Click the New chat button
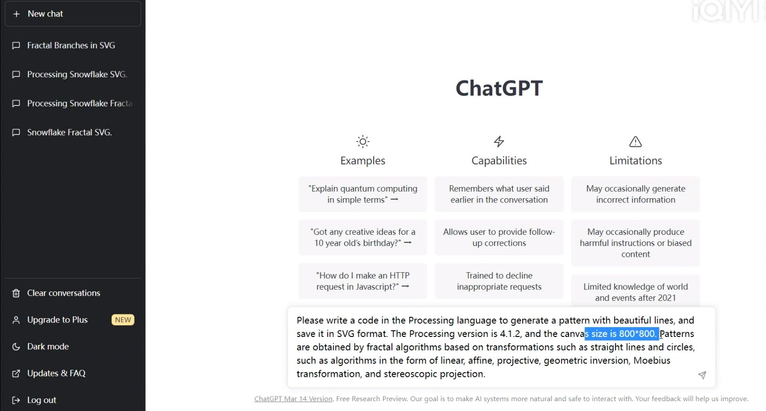coord(73,14)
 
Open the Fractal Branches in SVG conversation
coord(71,45)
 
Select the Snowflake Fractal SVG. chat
coord(69,133)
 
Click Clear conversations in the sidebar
coord(63,293)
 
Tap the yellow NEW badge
coord(123,320)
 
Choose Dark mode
coord(47,347)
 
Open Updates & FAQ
coord(56,374)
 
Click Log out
coord(41,400)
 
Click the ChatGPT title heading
coord(499,88)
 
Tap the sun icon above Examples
coord(362,142)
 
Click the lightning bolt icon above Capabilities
coord(499,142)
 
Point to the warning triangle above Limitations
coord(635,142)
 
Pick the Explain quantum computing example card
coord(362,194)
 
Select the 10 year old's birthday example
coord(362,238)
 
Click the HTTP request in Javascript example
coord(362,281)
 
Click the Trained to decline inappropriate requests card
coord(499,281)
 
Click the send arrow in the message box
coord(702,375)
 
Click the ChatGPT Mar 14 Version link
coord(293,399)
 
